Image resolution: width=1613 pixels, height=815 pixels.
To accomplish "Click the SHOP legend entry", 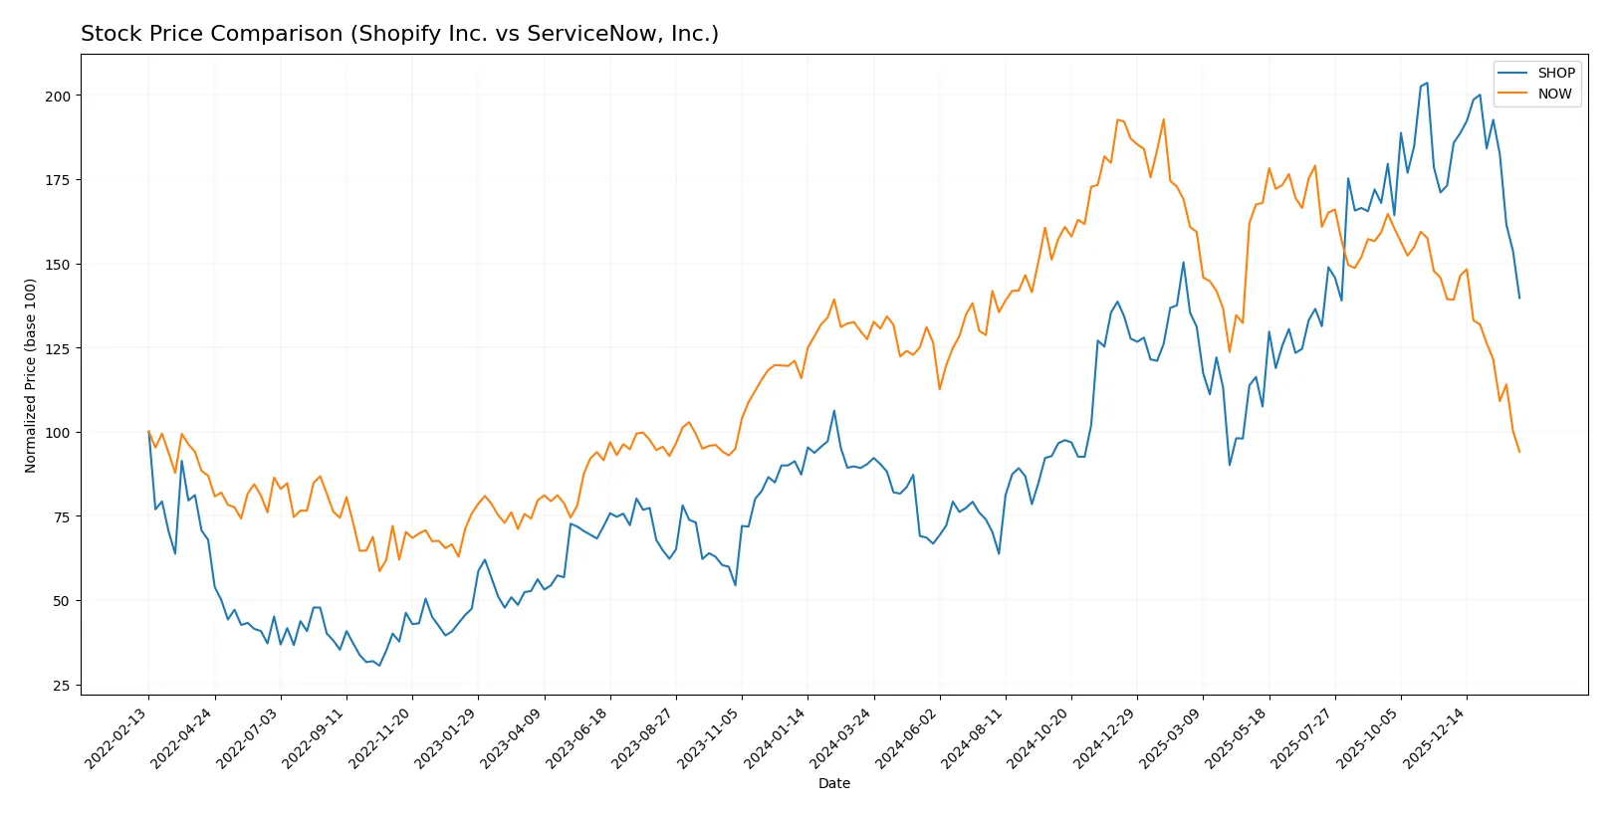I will pyautogui.click(x=1555, y=73).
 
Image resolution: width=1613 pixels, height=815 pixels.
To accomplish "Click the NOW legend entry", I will pyautogui.click(x=1553, y=94).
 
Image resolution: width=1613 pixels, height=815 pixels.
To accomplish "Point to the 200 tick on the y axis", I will pyautogui.click(x=58, y=97).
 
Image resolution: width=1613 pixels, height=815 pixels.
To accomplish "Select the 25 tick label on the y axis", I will pyautogui.click(x=62, y=686).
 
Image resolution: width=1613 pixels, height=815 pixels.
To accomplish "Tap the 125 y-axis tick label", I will pyautogui.click(x=58, y=349).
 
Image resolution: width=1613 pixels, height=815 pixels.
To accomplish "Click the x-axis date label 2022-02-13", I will pyautogui.click(x=117, y=739).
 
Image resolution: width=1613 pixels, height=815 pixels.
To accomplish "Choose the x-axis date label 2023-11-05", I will pyautogui.click(x=710, y=739).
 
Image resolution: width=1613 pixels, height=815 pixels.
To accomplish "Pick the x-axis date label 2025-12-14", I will pyautogui.click(x=1435, y=739).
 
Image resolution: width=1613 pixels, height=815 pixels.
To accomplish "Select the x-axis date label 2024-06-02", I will pyautogui.click(x=908, y=739).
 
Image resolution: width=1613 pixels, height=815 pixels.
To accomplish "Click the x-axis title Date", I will pyautogui.click(x=833, y=784).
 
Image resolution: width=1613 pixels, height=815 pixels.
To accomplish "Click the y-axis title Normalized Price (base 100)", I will pyautogui.click(x=31, y=375).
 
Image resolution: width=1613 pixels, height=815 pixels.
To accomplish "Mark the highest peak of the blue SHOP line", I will pyautogui.click(x=1427, y=83).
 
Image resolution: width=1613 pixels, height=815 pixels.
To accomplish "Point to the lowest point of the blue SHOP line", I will pyautogui.click(x=379, y=666).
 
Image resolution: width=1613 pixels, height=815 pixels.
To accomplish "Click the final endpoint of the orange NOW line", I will pyautogui.click(x=1519, y=452).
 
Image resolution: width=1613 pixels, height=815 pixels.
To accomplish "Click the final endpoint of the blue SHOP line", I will pyautogui.click(x=1519, y=298).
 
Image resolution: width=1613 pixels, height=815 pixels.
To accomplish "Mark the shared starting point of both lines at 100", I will pyautogui.click(x=148, y=432).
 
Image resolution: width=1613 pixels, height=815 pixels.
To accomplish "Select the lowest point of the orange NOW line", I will pyautogui.click(x=379, y=570).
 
